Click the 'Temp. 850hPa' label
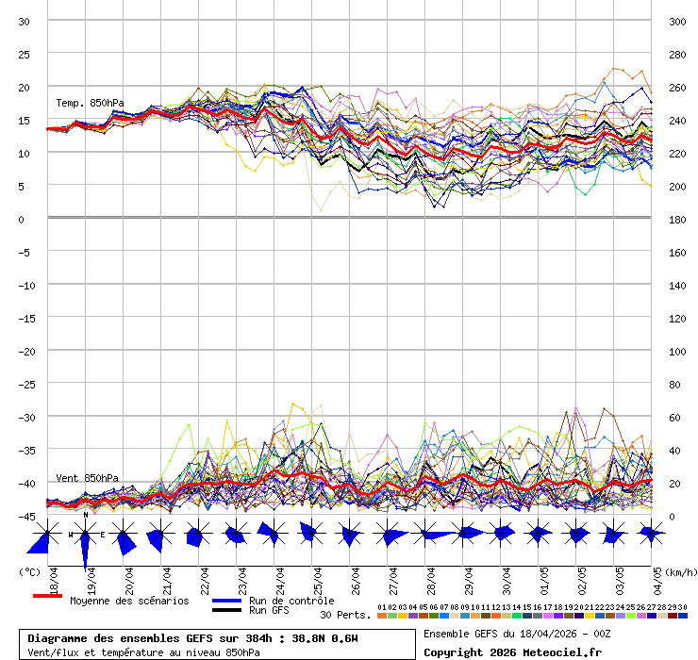pyautogui.click(x=90, y=103)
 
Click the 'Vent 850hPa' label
pyautogui.click(x=87, y=478)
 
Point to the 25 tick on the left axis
pyautogui.click(x=25, y=54)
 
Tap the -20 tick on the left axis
pyautogui.click(x=23, y=351)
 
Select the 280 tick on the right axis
pyautogui.click(x=677, y=54)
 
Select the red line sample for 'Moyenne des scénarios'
pyautogui.click(x=47, y=597)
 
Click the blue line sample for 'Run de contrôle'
pyautogui.click(x=227, y=601)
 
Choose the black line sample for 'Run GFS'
pyautogui.click(x=227, y=610)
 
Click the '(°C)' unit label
pyautogui.click(x=29, y=571)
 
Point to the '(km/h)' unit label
pyautogui.click(x=680, y=571)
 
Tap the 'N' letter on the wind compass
pyautogui.click(x=86, y=515)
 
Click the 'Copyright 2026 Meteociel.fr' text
pyautogui.click(x=512, y=652)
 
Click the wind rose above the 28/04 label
pyautogui.click(x=429, y=534)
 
